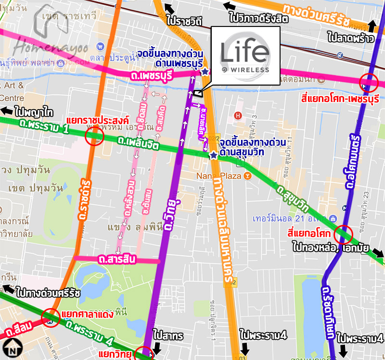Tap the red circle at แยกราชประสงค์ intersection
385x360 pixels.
click(94, 137)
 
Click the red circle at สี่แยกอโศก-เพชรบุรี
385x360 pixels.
click(370, 83)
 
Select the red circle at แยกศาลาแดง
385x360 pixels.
click(51, 317)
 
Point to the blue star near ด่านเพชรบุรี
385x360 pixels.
click(205, 72)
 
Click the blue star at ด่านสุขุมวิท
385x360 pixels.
click(213, 155)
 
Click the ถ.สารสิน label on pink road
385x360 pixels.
click(117, 260)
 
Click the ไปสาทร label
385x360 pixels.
click(168, 335)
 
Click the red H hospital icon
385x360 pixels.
click(237, 115)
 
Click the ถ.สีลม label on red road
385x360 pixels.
click(19, 328)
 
